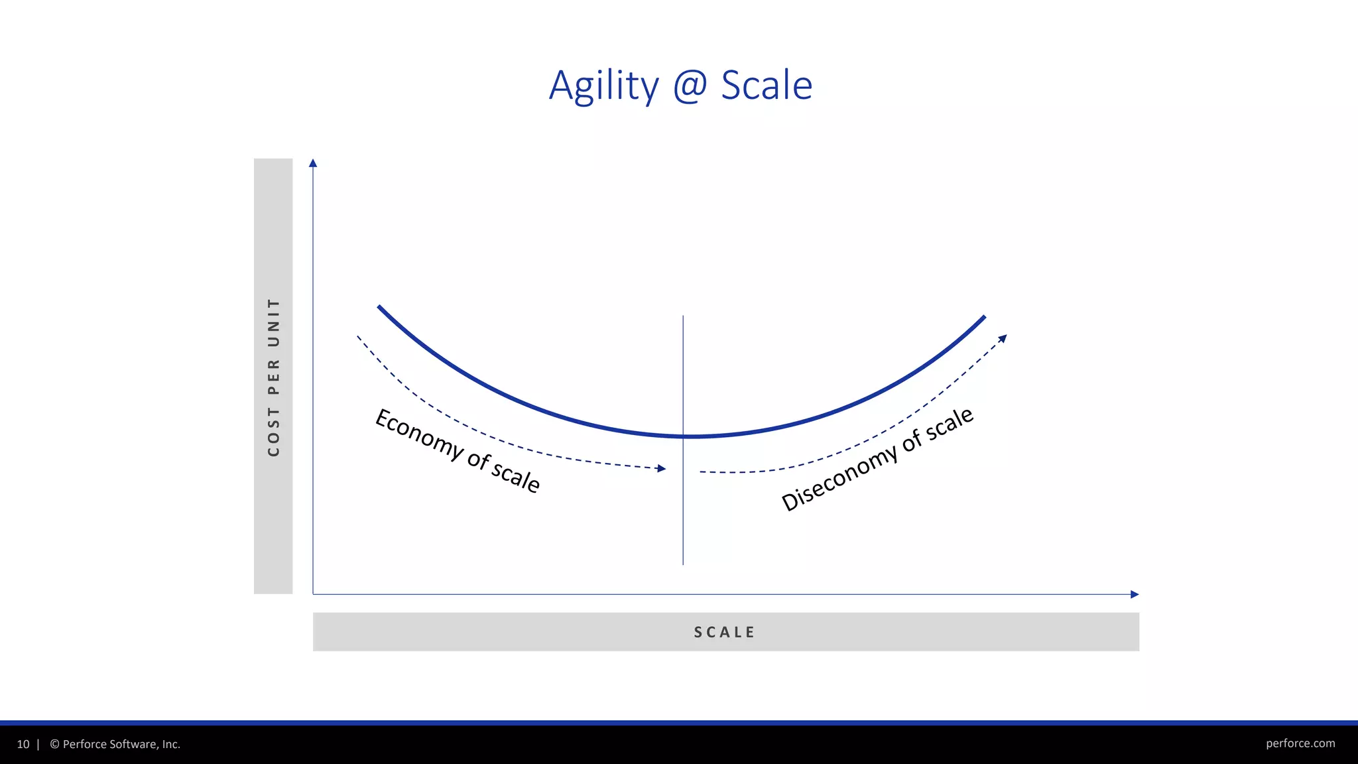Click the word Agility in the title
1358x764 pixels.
click(603, 86)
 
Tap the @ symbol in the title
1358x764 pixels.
click(690, 86)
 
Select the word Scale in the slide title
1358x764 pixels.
click(767, 86)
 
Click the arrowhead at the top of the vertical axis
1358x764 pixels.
click(313, 163)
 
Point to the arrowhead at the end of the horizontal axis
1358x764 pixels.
click(1135, 594)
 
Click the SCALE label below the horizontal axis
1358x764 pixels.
click(725, 632)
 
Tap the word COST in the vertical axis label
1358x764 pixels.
click(273, 432)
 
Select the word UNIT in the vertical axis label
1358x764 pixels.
click(273, 323)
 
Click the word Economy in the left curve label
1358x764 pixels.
click(419, 434)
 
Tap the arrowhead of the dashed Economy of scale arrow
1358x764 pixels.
click(661, 468)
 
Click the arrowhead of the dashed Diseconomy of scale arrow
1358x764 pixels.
click(1003, 339)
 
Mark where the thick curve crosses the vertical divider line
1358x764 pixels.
click(683, 436)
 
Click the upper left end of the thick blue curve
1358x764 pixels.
click(379, 307)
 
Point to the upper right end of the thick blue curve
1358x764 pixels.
click(984, 318)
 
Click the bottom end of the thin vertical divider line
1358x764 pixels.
click(683, 564)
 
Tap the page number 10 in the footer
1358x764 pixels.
click(23, 744)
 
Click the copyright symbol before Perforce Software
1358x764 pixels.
click(54, 744)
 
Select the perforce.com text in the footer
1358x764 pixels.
click(1300, 743)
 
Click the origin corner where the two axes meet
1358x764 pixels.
click(313, 594)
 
